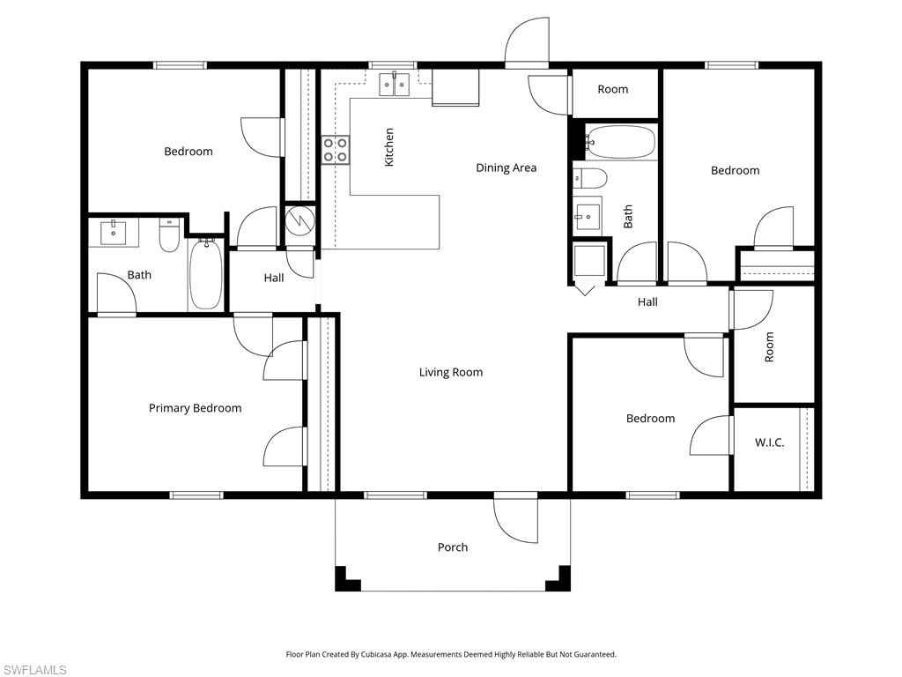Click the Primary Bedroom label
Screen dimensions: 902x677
(195, 408)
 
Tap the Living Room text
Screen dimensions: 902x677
(451, 373)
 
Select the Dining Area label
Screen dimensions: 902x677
(506, 167)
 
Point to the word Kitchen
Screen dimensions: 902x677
(389, 147)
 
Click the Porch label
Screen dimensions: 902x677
(453, 547)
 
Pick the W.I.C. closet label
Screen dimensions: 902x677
(769, 443)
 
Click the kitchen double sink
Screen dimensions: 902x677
(394, 84)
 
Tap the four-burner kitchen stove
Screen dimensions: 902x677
(336, 150)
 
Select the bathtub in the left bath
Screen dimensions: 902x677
(205, 274)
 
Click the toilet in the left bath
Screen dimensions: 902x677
(170, 234)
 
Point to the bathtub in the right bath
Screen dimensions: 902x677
(621, 142)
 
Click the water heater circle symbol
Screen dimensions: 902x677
(299, 219)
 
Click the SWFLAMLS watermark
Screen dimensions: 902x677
(33, 670)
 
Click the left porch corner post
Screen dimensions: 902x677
(347, 579)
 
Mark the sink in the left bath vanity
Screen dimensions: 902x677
(114, 233)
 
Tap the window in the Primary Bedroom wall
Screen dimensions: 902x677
(196, 495)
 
